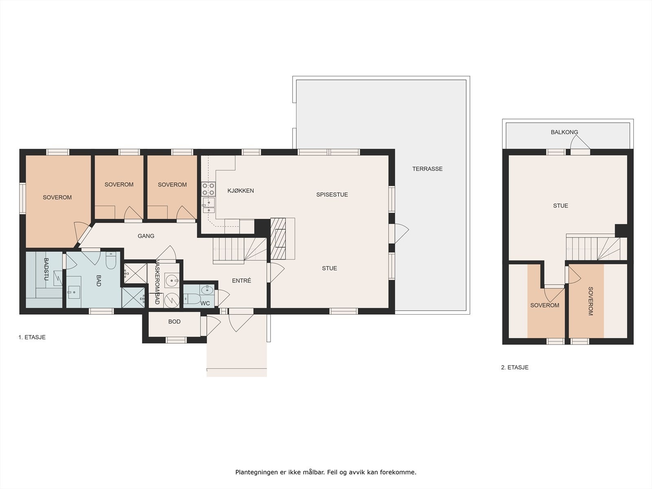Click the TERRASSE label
click(x=427, y=169)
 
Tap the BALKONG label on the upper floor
click(x=564, y=132)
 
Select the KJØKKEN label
click(x=240, y=191)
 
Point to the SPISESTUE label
click(x=332, y=195)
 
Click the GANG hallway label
click(x=146, y=236)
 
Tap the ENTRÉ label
click(x=242, y=280)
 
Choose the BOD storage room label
click(x=174, y=322)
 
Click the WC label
click(x=205, y=303)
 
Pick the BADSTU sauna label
click(x=46, y=269)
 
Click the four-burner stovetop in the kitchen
click(x=208, y=189)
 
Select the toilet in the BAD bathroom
click(x=111, y=260)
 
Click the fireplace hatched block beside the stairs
click(x=278, y=239)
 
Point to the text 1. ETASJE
click(x=32, y=337)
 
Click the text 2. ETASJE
click(x=515, y=367)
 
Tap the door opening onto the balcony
click(x=580, y=145)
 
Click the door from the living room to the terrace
click(x=399, y=233)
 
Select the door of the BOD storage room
click(x=211, y=326)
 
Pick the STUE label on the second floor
click(x=560, y=206)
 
